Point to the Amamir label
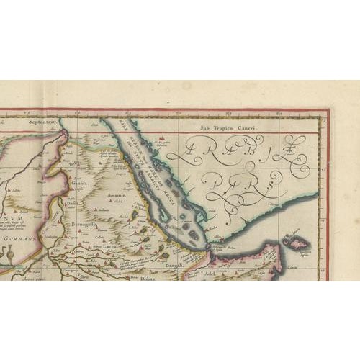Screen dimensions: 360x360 117,195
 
